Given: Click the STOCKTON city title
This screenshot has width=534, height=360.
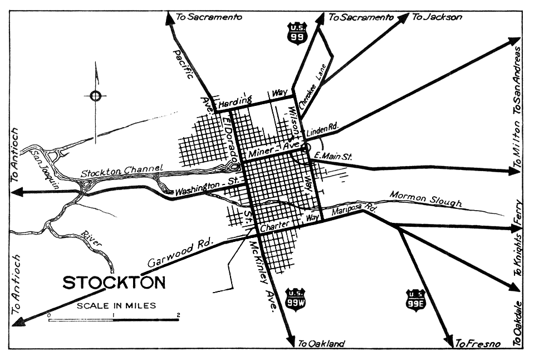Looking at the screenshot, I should tap(114, 283).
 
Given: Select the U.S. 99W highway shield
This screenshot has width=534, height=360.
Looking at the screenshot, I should tap(295, 299).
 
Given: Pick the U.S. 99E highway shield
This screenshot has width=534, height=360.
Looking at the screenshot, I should tap(415, 299).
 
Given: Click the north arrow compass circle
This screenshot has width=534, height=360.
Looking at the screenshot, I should tap(96, 96).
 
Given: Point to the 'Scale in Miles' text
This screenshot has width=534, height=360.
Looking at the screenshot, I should tap(116, 305).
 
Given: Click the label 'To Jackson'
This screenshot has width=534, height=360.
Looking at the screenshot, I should tap(437, 17).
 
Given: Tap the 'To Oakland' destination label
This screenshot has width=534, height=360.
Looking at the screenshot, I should tap(321, 343).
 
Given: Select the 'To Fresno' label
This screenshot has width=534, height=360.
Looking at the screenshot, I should tap(478, 343).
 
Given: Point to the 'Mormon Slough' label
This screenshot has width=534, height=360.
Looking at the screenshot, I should tap(425, 198).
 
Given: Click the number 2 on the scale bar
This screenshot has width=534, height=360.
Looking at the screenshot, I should tap(178, 315).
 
